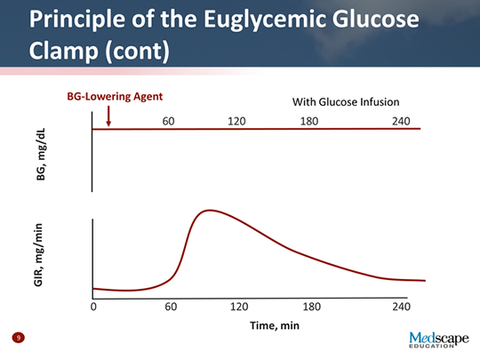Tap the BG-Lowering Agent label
pyautogui.click(x=116, y=94)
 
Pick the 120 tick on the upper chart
pyautogui.click(x=236, y=120)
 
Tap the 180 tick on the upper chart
pyautogui.click(x=310, y=120)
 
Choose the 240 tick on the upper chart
pyautogui.click(x=400, y=120)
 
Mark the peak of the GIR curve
pyautogui.click(x=209, y=211)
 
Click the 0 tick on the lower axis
pyautogui.click(x=93, y=307)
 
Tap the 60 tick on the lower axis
pyautogui.click(x=171, y=307)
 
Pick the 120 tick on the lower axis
pyautogui.click(x=239, y=307)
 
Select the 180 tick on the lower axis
pyautogui.click(x=311, y=307)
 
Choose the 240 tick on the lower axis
pyautogui.click(x=401, y=307)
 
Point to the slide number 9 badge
pyautogui.click(x=18, y=339)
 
